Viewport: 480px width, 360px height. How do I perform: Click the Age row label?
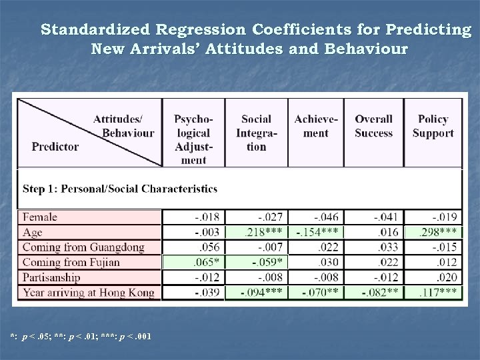coord(34,232)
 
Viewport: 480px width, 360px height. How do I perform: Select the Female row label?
coord(40,217)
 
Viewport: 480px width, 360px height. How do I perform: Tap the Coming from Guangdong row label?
coord(83,247)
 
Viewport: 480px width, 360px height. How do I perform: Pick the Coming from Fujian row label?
coord(71,262)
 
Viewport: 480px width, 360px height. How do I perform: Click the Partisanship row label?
coord(51,277)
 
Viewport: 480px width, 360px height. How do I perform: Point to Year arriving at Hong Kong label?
coord(89,292)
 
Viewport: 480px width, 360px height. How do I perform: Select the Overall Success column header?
coord(373,126)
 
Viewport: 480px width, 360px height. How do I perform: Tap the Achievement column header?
coord(316,126)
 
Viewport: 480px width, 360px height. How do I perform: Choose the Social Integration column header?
coord(256,133)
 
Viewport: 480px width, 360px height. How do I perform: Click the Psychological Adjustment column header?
coord(193,139)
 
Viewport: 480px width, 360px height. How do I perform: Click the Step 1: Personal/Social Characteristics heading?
coord(120,189)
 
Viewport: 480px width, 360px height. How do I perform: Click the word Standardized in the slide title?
coord(99,30)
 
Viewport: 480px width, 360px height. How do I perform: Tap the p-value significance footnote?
coord(80,335)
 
